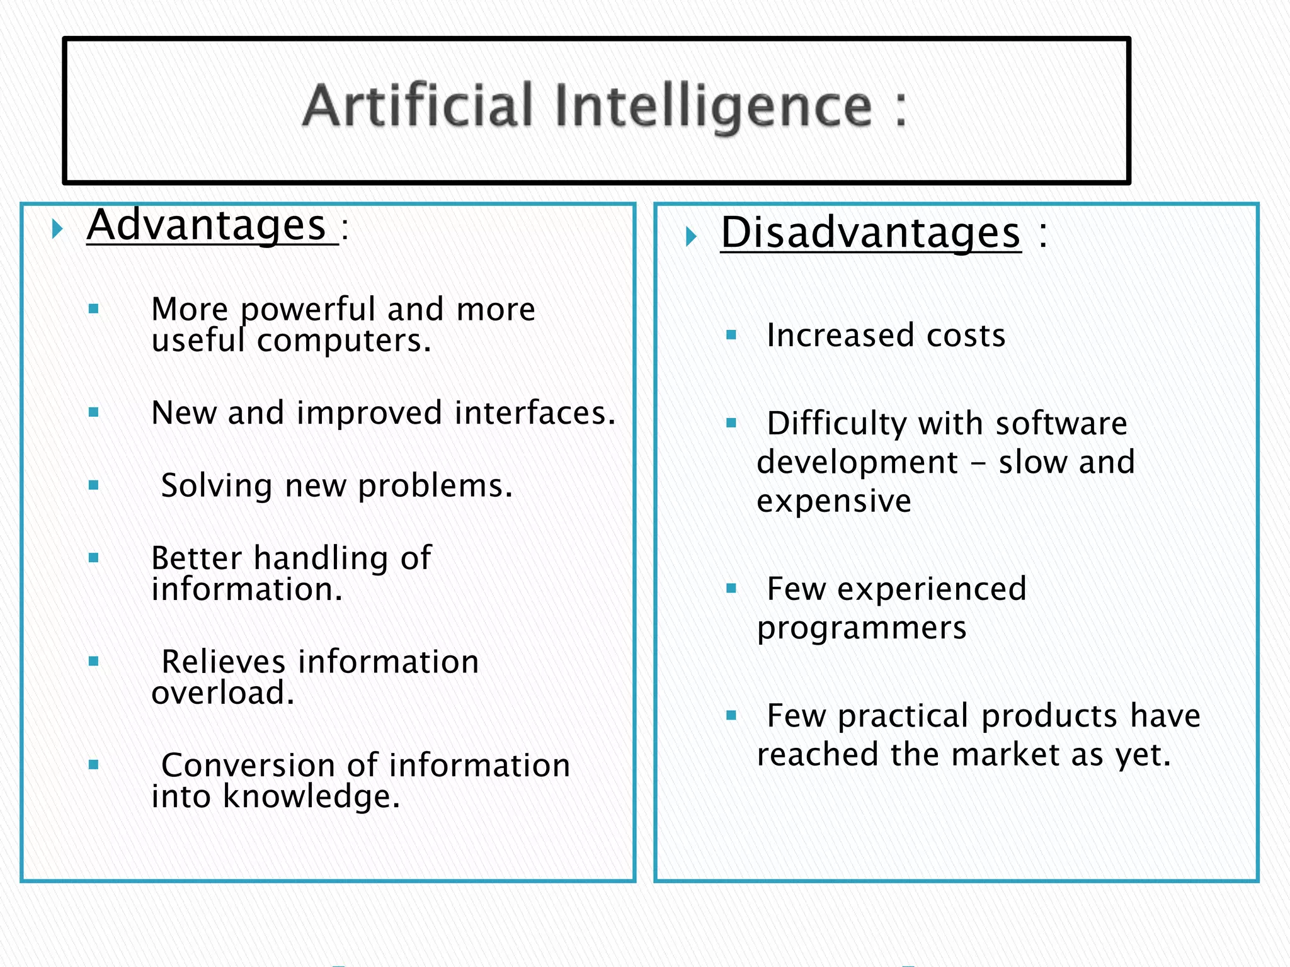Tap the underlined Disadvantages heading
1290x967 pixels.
[870, 232]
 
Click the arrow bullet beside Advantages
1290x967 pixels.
[57, 229]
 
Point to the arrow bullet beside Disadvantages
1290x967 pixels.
[692, 237]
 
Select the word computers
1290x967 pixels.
[344, 341]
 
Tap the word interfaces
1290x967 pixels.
[534, 413]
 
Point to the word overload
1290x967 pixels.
[222, 693]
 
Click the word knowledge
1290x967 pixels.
[311, 797]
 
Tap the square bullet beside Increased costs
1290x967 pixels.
[731, 336]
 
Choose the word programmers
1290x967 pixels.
[862, 628]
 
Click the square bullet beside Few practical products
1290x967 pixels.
[731, 715]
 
